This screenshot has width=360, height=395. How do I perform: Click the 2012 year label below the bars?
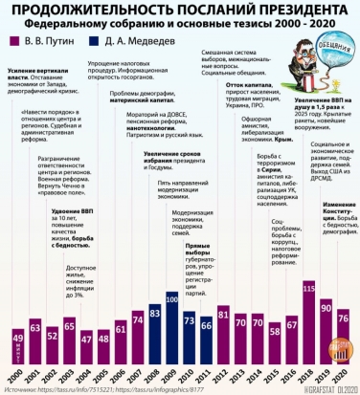click(222, 377)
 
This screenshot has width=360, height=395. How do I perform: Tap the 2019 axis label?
click(326, 377)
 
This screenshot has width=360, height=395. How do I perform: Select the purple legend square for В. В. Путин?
click(13, 42)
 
